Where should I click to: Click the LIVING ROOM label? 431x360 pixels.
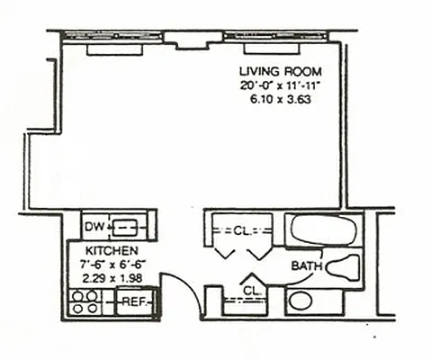click(279, 71)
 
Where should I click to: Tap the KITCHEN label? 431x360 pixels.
click(112, 249)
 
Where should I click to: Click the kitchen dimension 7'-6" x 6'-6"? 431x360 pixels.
click(112, 264)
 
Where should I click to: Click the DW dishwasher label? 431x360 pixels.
click(94, 225)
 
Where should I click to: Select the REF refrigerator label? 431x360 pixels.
click(134, 301)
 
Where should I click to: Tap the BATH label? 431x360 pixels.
click(307, 267)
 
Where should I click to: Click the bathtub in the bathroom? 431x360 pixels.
click(324, 229)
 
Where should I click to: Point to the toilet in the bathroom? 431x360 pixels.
click(343, 266)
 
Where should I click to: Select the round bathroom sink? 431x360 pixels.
click(301, 301)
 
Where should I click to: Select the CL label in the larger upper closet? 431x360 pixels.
click(240, 230)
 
